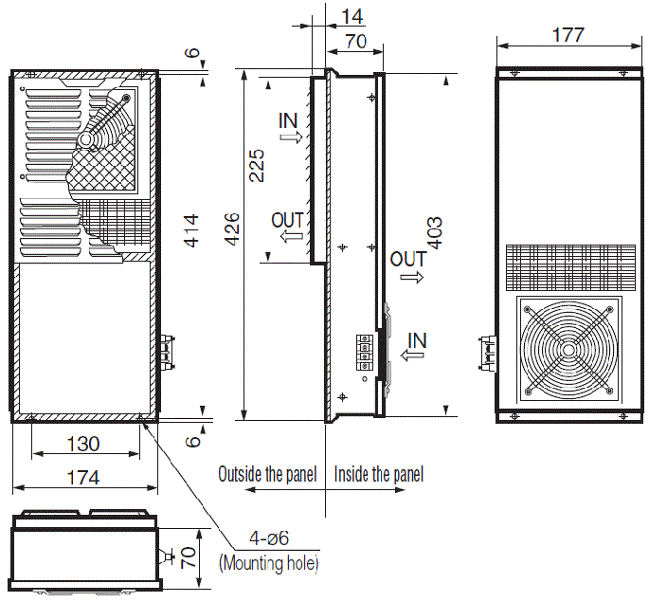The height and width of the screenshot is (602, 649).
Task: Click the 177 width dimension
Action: [x=567, y=35]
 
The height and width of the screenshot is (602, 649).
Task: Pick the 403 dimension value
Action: [x=435, y=233]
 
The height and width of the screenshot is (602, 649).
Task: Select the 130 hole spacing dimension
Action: [x=86, y=444]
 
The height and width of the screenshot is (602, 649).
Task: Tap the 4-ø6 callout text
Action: [x=269, y=540]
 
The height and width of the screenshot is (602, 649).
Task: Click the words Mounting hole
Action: [x=269, y=563]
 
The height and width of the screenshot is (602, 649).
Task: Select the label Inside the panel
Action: [x=379, y=474]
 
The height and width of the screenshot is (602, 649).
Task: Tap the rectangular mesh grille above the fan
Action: [x=568, y=267]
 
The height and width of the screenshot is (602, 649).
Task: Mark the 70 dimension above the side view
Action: [x=356, y=41]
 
